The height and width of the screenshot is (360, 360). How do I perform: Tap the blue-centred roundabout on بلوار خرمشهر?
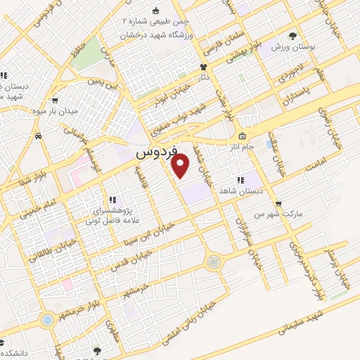click(x=48, y=320)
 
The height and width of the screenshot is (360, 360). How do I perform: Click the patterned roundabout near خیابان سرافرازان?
click(x=213, y=262)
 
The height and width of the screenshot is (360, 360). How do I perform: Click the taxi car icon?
click(x=44, y=134)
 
